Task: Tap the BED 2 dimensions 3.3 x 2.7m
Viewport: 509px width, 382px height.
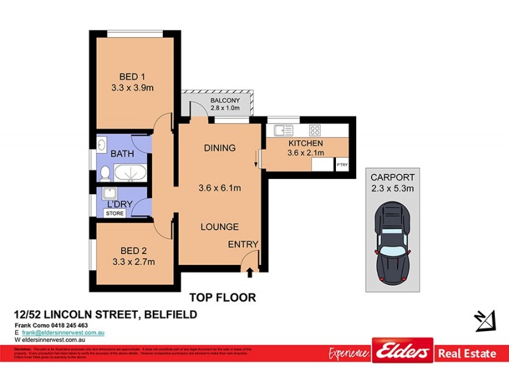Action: click(x=133, y=261)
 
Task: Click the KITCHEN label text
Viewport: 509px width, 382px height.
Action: click(x=305, y=143)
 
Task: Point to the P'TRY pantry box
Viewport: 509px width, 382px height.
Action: click(x=342, y=164)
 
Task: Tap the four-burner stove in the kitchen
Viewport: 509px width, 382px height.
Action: click(x=314, y=131)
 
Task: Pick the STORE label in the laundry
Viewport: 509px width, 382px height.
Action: click(x=115, y=213)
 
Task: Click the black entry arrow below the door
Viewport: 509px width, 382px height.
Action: click(x=249, y=274)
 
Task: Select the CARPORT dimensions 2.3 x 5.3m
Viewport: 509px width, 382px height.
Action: click(x=393, y=188)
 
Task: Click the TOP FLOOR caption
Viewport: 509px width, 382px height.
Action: click(x=223, y=297)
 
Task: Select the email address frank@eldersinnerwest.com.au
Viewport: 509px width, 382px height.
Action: click(x=63, y=333)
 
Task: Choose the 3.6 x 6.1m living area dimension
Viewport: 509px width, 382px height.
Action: click(x=219, y=188)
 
